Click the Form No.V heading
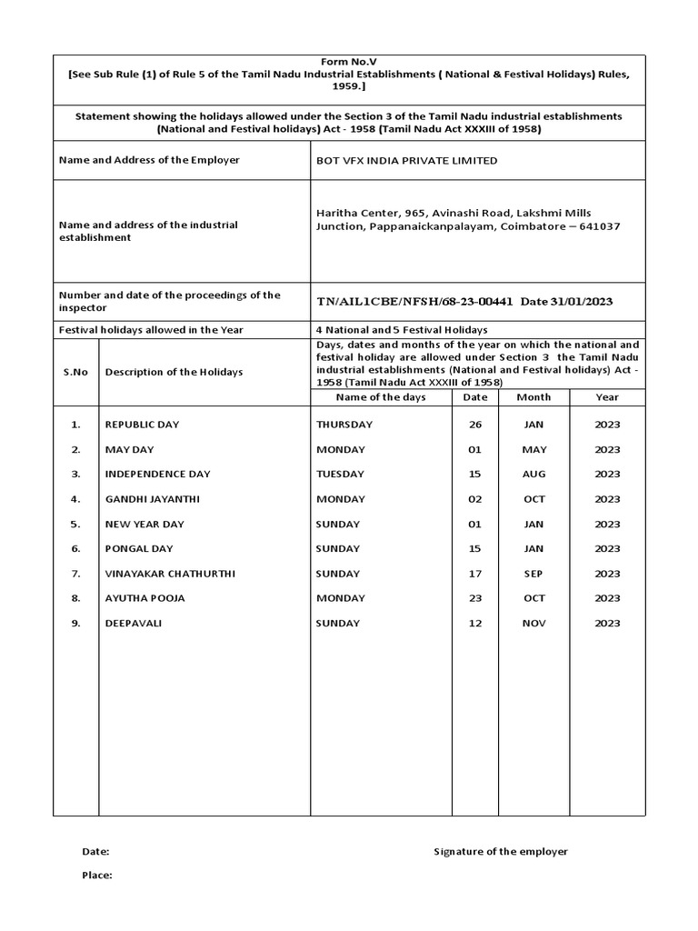tap(348, 61)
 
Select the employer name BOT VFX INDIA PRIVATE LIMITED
tap(406, 160)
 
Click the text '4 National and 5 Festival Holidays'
tap(401, 329)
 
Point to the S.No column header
tap(75, 372)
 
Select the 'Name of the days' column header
tap(381, 396)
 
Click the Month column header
tap(533, 396)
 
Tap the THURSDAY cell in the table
tap(344, 425)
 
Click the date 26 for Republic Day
tap(475, 425)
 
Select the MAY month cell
tap(533, 449)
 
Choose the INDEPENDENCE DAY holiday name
tap(157, 474)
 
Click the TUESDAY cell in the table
tap(340, 474)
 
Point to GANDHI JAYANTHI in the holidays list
tap(152, 499)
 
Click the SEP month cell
tap(533, 574)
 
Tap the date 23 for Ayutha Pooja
tap(475, 598)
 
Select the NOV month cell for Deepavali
tap(533, 623)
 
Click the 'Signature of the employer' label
tap(501, 851)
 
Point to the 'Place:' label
tap(97, 875)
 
